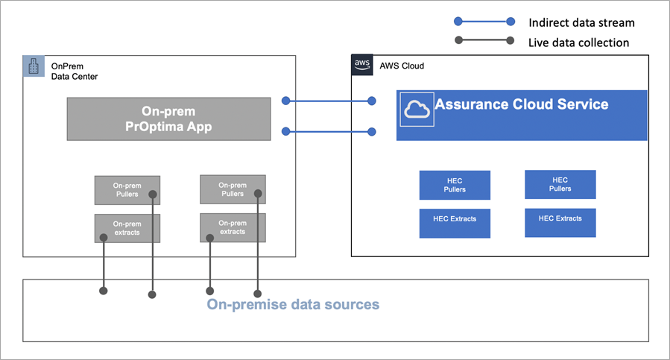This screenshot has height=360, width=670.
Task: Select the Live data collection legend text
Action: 578,42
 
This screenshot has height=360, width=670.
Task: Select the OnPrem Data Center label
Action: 74,71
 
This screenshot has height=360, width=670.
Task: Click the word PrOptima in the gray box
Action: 159,127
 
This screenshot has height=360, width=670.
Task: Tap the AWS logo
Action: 362,65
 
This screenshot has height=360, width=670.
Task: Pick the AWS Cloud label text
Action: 402,66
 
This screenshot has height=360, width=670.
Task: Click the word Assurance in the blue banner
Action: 474,104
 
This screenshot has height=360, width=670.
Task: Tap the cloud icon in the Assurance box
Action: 417,110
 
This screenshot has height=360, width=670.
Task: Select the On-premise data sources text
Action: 293,304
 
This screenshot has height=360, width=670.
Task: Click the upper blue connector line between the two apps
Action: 328,100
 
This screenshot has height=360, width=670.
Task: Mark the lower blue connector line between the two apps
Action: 328,132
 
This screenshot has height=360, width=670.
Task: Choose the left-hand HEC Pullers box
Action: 455,185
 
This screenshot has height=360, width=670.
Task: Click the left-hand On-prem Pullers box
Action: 127,189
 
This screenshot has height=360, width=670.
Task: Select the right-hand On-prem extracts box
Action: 233,227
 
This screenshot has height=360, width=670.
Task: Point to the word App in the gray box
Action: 197,127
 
